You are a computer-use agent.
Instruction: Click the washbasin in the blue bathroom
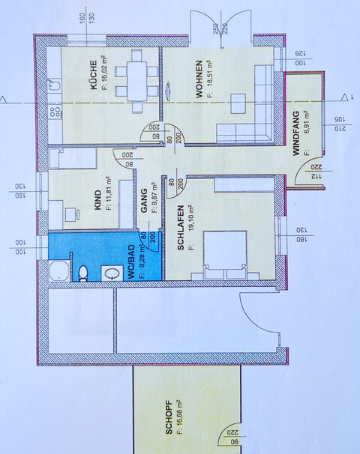(x=112, y=273)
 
